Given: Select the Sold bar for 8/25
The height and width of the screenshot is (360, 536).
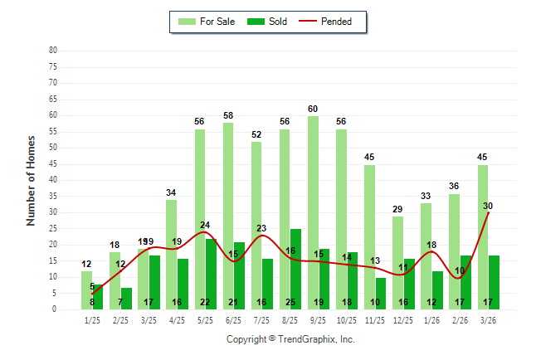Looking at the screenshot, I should click(x=295, y=269).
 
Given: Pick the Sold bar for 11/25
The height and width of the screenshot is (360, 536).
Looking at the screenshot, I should click(x=381, y=293).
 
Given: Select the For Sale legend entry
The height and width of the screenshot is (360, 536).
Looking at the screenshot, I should click(x=207, y=22).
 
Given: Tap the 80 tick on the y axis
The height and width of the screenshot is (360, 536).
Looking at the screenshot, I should click(x=53, y=50).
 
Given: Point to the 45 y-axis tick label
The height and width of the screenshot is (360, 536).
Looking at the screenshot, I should click(x=53, y=163).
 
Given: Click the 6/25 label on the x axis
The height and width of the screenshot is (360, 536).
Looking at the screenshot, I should click(x=233, y=319).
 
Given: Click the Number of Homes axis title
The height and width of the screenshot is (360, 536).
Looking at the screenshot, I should click(x=31, y=180).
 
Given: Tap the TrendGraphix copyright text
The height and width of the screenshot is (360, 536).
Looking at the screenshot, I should click(x=290, y=339).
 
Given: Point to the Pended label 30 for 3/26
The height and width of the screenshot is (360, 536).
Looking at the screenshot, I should click(x=488, y=205).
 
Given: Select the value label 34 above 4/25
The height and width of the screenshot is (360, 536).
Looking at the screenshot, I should click(x=171, y=192).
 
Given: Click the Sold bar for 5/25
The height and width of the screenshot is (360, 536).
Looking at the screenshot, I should click(x=211, y=274).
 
